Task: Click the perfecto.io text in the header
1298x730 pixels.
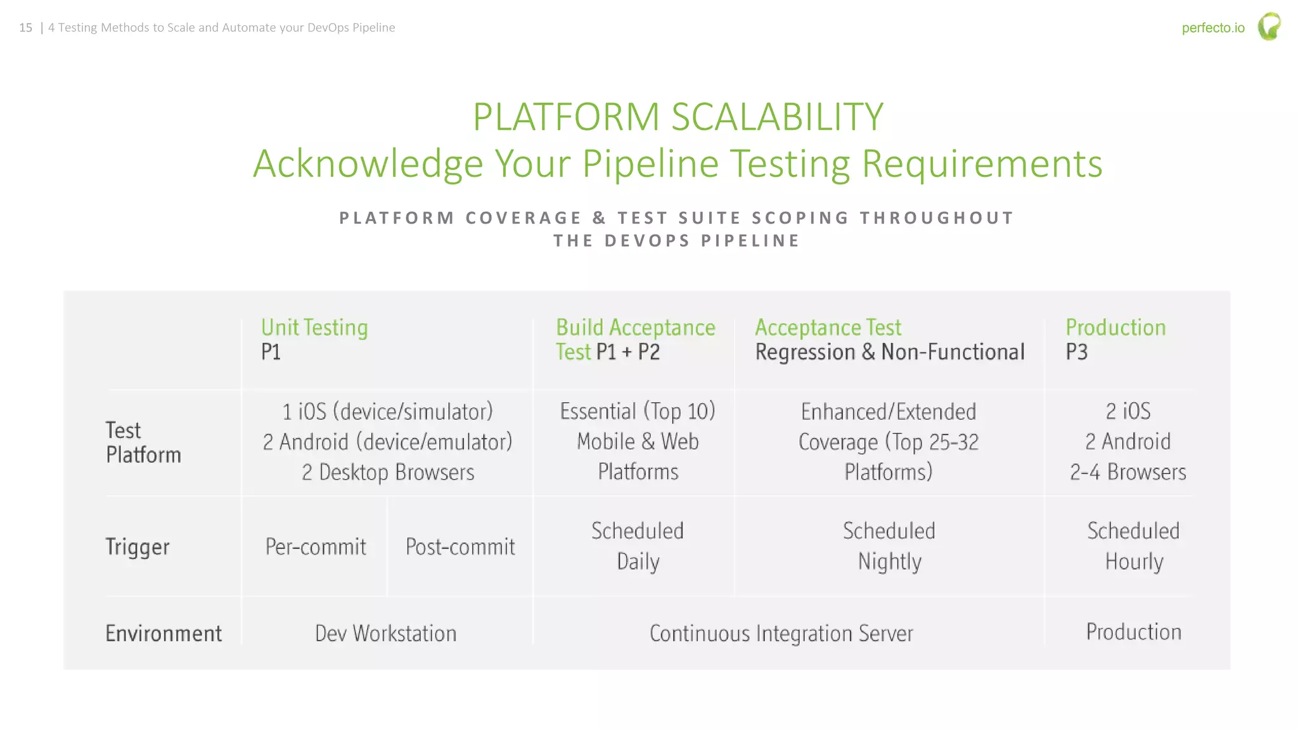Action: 1212,28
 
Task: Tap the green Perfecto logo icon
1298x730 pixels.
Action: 1269,27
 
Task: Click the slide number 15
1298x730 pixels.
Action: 25,28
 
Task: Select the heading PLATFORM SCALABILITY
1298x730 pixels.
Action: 678,117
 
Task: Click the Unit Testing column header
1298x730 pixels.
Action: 314,328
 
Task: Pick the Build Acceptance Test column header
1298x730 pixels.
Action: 635,339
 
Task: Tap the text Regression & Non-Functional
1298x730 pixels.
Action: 889,352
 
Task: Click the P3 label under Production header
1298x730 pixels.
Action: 1076,352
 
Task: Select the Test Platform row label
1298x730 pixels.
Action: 143,442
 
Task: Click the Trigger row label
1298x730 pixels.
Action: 138,546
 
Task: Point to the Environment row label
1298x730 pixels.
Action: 164,633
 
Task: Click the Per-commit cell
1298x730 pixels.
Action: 316,546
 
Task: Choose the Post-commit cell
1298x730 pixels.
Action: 460,546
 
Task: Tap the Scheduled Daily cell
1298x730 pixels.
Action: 638,546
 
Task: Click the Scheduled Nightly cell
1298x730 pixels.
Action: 889,546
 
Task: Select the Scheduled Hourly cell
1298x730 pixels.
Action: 1133,546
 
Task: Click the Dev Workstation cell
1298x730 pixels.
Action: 385,633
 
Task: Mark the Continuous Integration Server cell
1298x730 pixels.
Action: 781,633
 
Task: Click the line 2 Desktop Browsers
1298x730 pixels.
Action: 388,472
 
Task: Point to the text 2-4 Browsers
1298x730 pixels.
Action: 1128,472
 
